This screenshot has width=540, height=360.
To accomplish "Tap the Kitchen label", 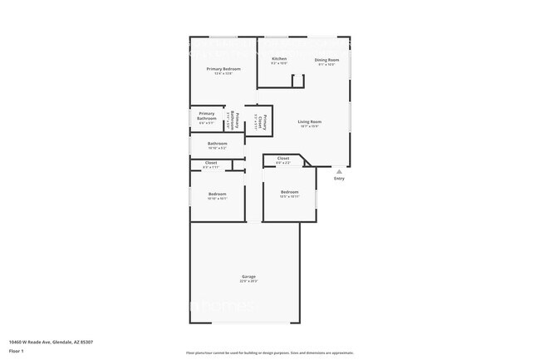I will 279,59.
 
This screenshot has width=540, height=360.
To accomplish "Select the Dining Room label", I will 326,60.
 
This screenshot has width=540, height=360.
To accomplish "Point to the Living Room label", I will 310,122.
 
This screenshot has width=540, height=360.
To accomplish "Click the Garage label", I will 248,276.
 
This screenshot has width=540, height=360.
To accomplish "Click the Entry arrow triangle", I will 338,171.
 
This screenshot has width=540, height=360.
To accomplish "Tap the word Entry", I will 338,179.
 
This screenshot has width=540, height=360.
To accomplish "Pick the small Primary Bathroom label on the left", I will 207,116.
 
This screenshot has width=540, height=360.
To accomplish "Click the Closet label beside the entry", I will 282,158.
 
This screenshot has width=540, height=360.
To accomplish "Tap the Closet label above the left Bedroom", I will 211,163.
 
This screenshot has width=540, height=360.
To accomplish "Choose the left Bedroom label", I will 217,194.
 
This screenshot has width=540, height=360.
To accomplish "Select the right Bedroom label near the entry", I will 289,192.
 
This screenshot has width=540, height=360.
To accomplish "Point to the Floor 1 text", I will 17,350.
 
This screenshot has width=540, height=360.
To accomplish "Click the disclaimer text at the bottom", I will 269,354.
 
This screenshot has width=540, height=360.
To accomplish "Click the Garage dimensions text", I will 248,281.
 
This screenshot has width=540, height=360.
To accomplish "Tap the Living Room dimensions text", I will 310,126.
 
